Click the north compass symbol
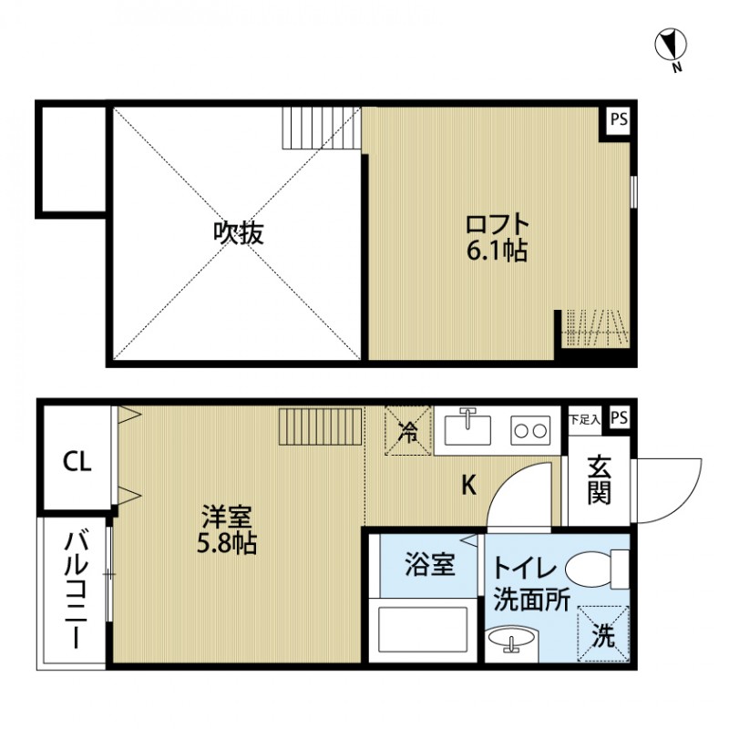coord(672,46)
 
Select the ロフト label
coord(497,224)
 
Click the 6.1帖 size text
coord(497,251)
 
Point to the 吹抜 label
coord(239,233)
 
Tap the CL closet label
coord(77,462)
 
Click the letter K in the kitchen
coord(468,486)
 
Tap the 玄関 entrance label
coord(599,480)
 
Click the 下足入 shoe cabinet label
coord(584,419)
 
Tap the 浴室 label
coord(429,565)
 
